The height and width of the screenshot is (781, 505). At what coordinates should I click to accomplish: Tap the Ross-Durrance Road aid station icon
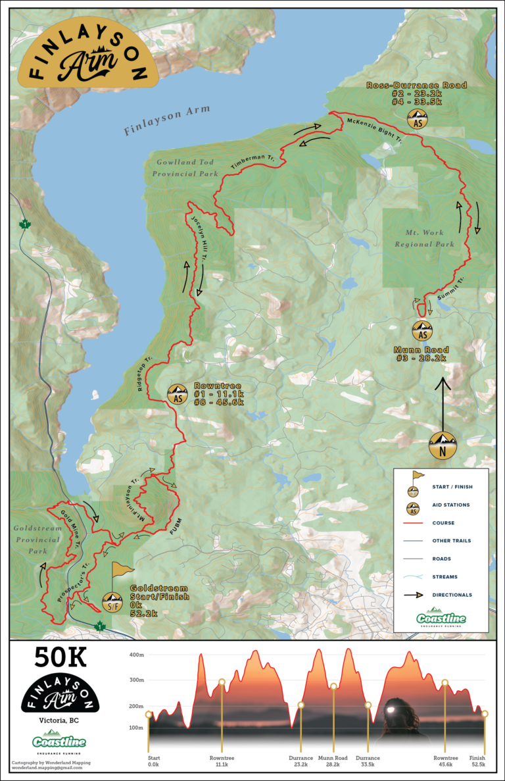click(417, 120)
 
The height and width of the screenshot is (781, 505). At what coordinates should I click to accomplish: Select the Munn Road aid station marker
click(421, 329)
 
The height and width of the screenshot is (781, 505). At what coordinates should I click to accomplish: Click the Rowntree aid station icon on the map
click(177, 395)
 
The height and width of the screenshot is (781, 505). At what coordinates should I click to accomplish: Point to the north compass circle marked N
click(443, 445)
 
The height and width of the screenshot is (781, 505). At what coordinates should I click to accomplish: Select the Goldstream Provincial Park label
click(37, 540)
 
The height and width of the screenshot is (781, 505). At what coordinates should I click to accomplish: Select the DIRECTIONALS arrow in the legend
click(412, 595)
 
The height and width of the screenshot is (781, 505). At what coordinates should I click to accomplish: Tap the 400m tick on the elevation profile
click(136, 655)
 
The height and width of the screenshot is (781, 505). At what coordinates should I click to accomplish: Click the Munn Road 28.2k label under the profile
click(332, 761)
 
